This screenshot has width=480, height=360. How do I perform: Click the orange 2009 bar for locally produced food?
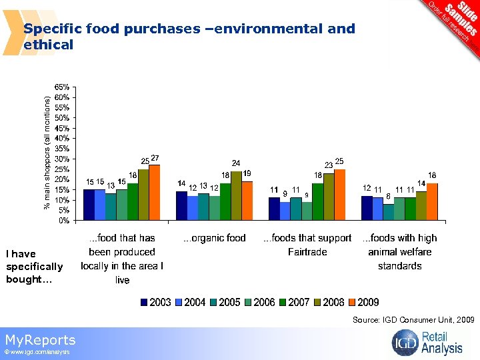(x=155, y=193)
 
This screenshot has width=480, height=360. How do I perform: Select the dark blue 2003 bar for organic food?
(x=181, y=205)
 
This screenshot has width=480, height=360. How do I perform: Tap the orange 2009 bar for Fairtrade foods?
(x=340, y=195)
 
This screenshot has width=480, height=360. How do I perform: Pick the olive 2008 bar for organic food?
(x=236, y=195)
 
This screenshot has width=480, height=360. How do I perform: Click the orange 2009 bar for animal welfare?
(x=432, y=201)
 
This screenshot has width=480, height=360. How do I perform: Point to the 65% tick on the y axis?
(x=66, y=87)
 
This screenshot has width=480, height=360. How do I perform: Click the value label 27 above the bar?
(x=155, y=158)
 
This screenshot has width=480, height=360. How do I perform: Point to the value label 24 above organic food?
(x=236, y=163)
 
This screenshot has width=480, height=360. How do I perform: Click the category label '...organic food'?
(x=215, y=238)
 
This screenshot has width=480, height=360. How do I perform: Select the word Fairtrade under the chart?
(x=307, y=252)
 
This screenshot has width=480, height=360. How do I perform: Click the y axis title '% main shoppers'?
(x=47, y=153)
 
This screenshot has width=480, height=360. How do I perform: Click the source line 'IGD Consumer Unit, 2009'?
(x=413, y=321)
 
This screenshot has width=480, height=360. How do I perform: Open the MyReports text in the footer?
(x=40, y=340)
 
